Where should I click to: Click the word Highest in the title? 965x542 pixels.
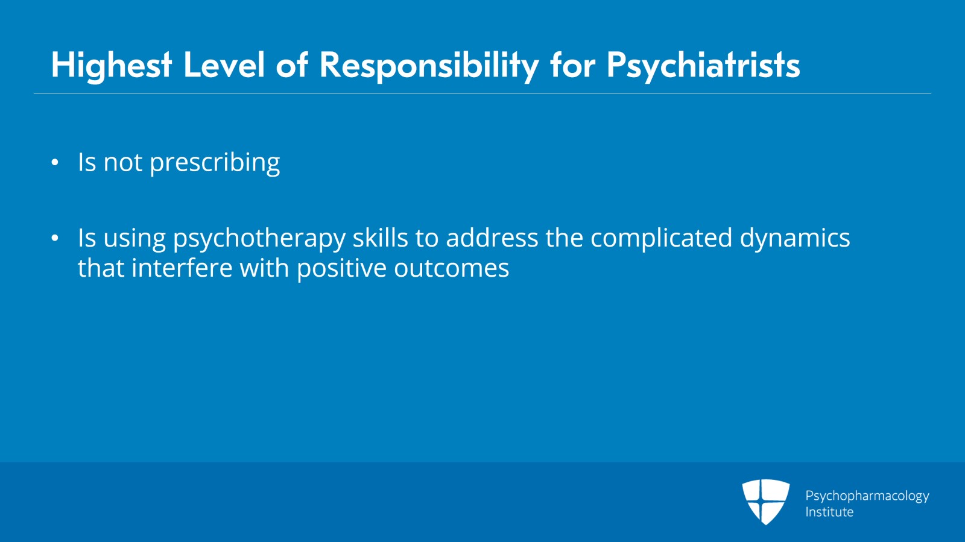coord(112,65)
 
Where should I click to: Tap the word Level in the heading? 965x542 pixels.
coord(224,65)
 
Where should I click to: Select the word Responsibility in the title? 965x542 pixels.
coord(429,65)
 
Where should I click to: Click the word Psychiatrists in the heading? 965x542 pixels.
coord(703,65)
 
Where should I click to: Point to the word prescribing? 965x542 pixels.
coord(214,163)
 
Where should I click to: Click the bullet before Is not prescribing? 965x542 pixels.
coord(55,163)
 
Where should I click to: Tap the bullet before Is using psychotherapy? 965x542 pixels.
coord(55,239)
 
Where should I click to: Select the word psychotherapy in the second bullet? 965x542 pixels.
coord(259,239)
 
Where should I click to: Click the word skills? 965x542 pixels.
coord(380,238)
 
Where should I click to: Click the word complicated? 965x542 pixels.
coord(661,238)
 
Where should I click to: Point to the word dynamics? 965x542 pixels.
coord(794,239)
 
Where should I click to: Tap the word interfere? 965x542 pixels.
coord(182,268)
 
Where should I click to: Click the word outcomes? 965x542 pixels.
coord(451,269)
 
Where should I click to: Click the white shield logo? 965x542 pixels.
coord(765,501)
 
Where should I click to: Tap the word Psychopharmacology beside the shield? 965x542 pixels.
coord(867,496)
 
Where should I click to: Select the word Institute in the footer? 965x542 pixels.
coord(829,512)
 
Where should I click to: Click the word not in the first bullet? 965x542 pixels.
coord(122,163)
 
